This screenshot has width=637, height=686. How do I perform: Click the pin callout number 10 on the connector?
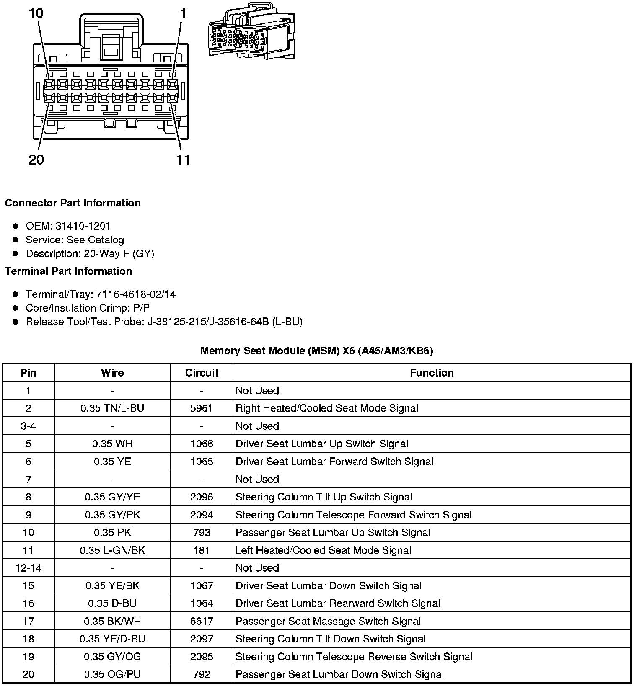36,13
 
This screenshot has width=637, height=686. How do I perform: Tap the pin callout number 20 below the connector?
36,160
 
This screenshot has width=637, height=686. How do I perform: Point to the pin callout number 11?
184,160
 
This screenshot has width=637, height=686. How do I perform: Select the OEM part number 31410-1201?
83,226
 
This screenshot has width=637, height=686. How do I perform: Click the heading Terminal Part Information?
68,271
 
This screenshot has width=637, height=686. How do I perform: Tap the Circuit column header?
202,373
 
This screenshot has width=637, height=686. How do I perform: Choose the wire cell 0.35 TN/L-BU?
112,408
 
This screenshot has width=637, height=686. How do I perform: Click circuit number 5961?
202,408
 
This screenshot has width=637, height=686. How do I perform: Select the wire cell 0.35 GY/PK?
112,515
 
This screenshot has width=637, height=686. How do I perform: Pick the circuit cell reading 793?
202,533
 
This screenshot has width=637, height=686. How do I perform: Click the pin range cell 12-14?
28,568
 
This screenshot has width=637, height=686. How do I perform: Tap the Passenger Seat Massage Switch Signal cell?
328,621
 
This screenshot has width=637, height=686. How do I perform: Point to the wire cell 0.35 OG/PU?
112,674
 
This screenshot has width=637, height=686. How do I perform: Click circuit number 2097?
202,639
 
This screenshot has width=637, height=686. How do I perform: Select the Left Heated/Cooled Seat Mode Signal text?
323,550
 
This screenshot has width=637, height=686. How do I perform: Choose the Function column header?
432,373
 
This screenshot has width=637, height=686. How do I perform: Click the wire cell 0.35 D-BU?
112,603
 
